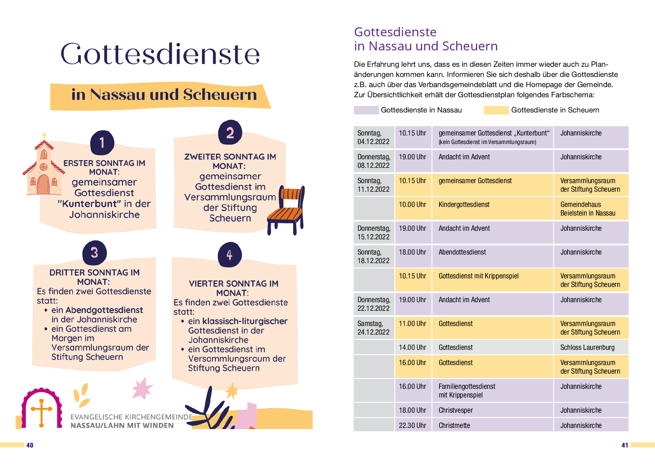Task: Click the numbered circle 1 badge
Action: tap(102, 143)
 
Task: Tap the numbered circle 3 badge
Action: tap(94, 253)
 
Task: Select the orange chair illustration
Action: tap(287, 210)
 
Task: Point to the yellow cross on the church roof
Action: tap(44, 135)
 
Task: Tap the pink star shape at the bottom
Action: tap(142, 389)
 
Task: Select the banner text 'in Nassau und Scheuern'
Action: tap(164, 94)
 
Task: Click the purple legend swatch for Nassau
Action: tap(366, 110)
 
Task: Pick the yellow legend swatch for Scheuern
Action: tap(496, 110)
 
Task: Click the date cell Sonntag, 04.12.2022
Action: tap(374, 137)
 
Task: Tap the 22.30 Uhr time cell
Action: tap(413, 425)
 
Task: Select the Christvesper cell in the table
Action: tap(456, 410)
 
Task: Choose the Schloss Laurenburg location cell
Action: tap(587, 347)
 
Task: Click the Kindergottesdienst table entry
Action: tap(464, 205)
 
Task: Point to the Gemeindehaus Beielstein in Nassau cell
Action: tap(587, 209)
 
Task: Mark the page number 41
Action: tap(625, 445)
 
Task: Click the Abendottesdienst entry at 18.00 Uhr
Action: tap(462, 252)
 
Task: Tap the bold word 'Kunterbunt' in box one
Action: tap(90, 204)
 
